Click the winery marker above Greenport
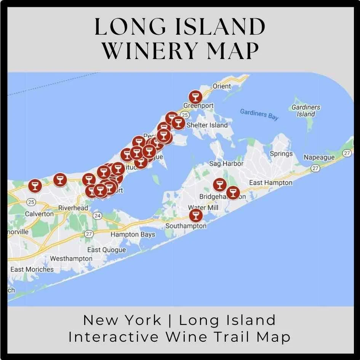(x=195, y=96)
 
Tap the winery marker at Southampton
(x=196, y=215)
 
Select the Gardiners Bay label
(x=259, y=114)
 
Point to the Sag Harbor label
(x=226, y=164)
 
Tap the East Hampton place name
(x=271, y=183)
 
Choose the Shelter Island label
(x=207, y=125)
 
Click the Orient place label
(x=222, y=86)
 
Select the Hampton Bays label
(x=133, y=235)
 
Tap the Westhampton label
(x=71, y=259)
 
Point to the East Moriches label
(x=32, y=269)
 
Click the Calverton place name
(x=39, y=214)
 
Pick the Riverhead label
(x=73, y=208)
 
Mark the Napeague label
(x=319, y=157)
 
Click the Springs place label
(x=281, y=154)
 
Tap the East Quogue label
(x=106, y=250)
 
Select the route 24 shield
(x=98, y=216)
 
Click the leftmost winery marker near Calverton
(x=35, y=186)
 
